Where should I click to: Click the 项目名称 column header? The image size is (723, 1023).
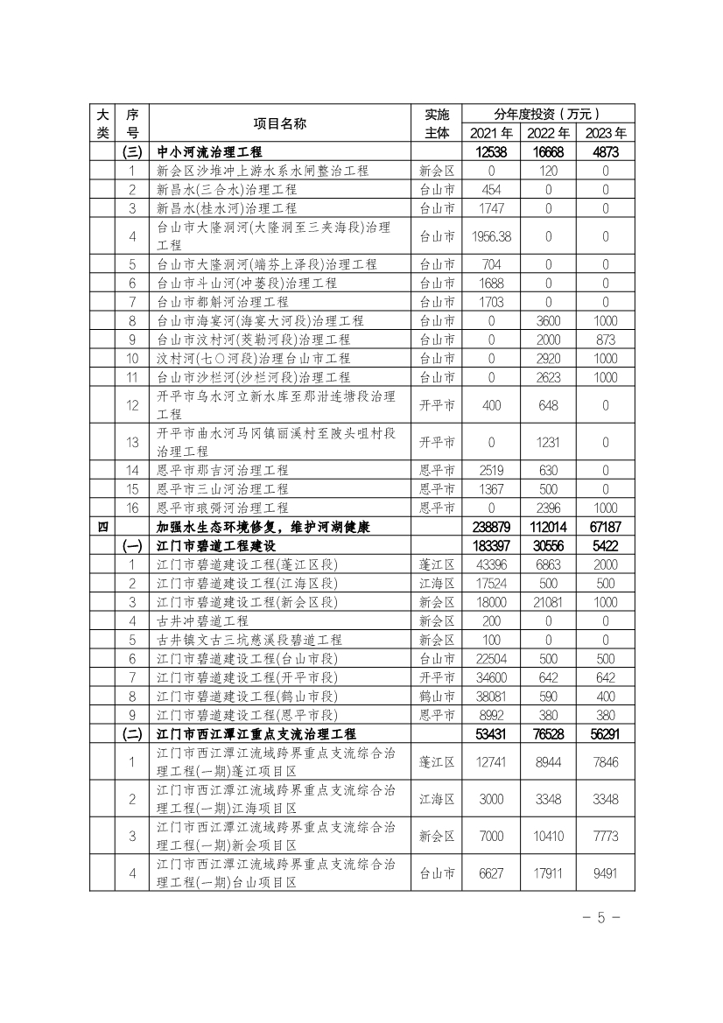[279, 123]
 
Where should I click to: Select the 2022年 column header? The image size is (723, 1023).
[548, 133]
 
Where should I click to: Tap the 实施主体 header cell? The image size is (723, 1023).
[436, 123]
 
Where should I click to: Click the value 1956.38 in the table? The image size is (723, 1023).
[491, 236]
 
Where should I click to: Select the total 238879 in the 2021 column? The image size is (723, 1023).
[491, 528]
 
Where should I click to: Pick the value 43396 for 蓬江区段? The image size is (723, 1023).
[491, 564]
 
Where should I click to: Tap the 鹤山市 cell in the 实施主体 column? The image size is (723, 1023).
[436, 697]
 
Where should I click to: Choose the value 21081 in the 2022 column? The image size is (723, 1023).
[548, 602]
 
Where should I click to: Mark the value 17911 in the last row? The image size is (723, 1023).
[548, 872]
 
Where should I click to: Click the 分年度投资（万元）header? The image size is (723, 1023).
[548, 114]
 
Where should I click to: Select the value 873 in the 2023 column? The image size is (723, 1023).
[605, 340]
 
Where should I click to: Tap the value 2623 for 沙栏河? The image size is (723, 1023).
[548, 377]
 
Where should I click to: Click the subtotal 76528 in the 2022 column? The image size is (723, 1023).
[548, 733]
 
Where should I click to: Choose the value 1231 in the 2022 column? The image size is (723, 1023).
[548, 442]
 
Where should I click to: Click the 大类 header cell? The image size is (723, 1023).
[102, 123]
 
